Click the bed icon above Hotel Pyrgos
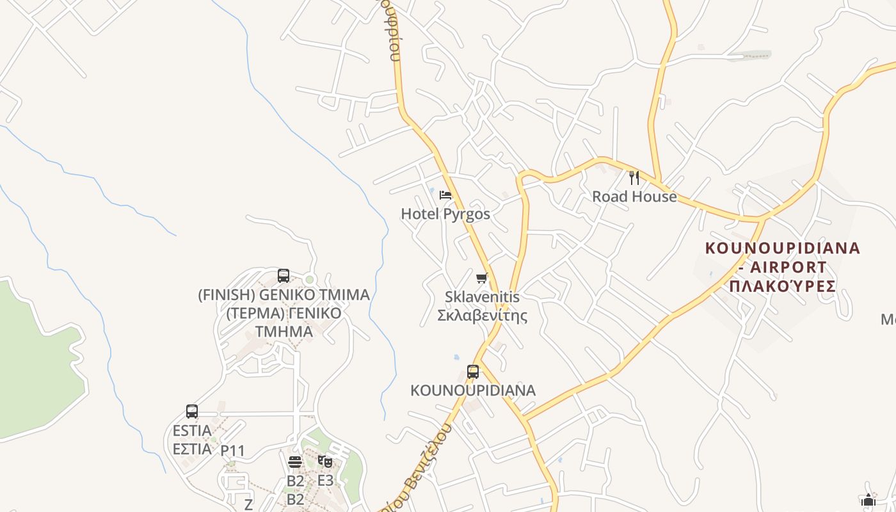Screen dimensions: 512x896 pyautogui.click(x=446, y=195)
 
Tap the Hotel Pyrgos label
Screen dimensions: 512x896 pyautogui.click(x=445, y=214)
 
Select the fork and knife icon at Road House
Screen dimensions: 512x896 pyautogui.click(x=634, y=177)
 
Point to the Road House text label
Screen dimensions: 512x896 pyautogui.click(x=634, y=196)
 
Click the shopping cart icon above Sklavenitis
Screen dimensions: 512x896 pyautogui.click(x=482, y=278)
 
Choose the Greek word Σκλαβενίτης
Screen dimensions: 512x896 pyautogui.click(x=482, y=315)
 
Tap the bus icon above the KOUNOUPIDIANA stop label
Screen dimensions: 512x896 pyautogui.click(x=473, y=371)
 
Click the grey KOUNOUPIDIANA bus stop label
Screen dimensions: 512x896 pyautogui.click(x=473, y=390)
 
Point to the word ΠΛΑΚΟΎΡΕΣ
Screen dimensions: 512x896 pyautogui.click(x=782, y=285)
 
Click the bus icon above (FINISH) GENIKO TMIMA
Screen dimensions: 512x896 pyautogui.click(x=284, y=276)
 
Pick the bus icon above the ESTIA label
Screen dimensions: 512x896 pyautogui.click(x=192, y=412)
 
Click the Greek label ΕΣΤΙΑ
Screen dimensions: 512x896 pyautogui.click(x=192, y=449)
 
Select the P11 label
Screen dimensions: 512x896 pyautogui.click(x=232, y=451)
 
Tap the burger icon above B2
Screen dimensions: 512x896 pyautogui.click(x=295, y=461)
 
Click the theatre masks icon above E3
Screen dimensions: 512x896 pyautogui.click(x=325, y=461)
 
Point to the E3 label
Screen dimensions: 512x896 pyautogui.click(x=325, y=480)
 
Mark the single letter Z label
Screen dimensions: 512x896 pyautogui.click(x=248, y=504)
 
